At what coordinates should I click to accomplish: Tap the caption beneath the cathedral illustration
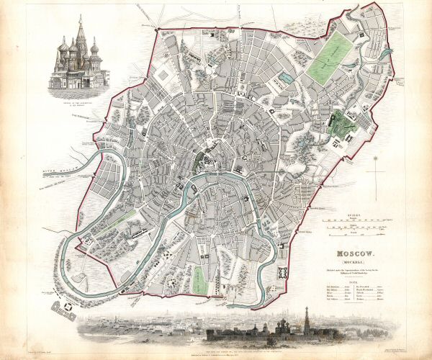(77, 94)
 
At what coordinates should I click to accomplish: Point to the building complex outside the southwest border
(66, 307)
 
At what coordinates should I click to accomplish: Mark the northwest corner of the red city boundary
(157, 30)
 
